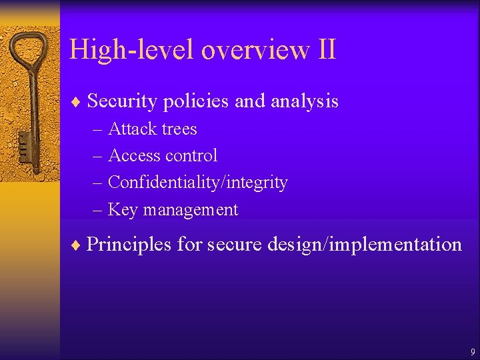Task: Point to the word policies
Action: (195, 101)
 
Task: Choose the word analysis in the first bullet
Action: (305, 101)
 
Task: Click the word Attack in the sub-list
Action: (131, 129)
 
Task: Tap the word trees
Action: (179, 129)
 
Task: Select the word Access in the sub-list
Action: (133, 155)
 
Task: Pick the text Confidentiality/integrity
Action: (197, 183)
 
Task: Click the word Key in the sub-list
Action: (122, 209)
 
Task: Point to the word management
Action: (190, 209)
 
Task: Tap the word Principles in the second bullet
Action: (129, 244)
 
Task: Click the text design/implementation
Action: (364, 244)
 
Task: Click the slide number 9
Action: (472, 351)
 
